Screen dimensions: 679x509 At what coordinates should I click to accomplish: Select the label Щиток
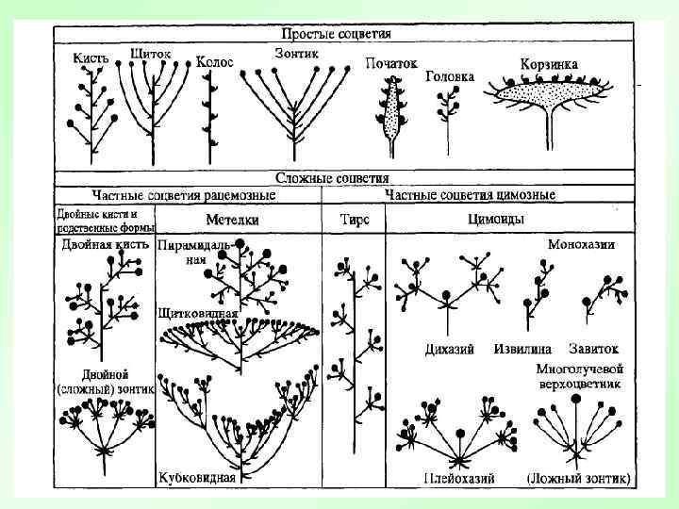pos(152,54)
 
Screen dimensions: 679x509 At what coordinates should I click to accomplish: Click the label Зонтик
pos(296,53)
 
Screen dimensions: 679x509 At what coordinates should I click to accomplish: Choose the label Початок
pos(390,63)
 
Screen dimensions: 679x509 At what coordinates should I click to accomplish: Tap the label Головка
pos(450,76)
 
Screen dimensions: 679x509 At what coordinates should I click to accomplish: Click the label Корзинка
pos(549,64)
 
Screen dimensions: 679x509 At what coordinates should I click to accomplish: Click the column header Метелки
pos(232,220)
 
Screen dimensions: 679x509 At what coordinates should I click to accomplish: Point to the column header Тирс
pos(354,220)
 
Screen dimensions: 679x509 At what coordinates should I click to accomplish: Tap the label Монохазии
pos(582,243)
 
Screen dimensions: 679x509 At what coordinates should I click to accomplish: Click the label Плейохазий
pos(459,478)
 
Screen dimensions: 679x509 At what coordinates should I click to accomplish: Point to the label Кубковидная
pos(197,477)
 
